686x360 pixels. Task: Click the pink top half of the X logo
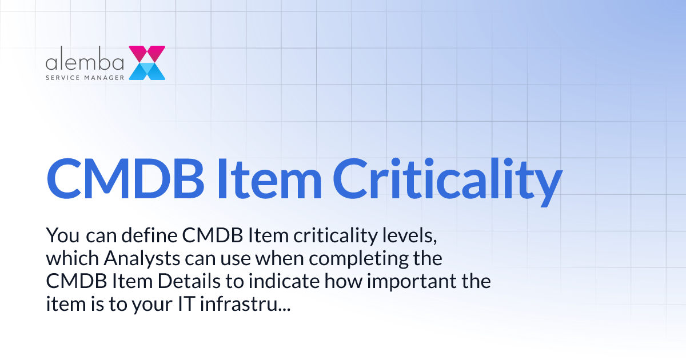(147, 54)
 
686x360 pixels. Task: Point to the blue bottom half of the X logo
(147, 71)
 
